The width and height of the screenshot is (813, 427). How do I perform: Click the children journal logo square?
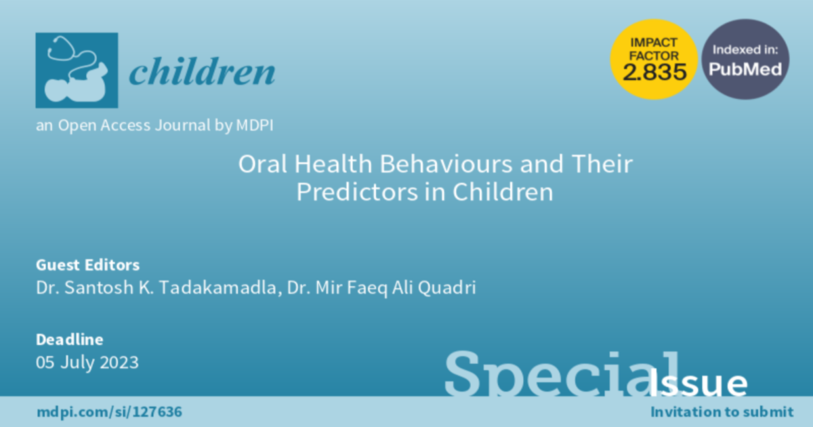(77, 70)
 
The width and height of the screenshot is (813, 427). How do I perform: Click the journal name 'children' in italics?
(202, 72)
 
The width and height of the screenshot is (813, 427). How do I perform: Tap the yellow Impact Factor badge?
(654, 59)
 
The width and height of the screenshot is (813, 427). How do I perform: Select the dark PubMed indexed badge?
(745, 59)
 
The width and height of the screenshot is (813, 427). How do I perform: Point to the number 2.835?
(654, 72)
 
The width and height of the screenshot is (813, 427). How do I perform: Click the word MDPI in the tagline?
(255, 125)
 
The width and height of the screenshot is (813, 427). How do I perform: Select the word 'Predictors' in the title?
(357, 192)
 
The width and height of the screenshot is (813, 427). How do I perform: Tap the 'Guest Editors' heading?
(87, 265)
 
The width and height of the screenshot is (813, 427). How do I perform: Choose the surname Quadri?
(446, 288)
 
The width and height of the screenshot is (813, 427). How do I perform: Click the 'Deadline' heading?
(69, 340)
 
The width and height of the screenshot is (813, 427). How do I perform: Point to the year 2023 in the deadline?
(119, 363)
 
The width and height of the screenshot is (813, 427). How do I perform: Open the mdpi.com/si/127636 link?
(109, 412)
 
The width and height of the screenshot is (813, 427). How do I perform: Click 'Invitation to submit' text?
(722, 412)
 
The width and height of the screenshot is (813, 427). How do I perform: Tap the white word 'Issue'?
(698, 382)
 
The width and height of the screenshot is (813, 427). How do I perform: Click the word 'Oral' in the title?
(262, 164)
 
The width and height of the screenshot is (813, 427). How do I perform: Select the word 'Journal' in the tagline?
(182, 125)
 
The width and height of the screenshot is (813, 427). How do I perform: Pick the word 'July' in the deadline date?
(77, 363)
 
